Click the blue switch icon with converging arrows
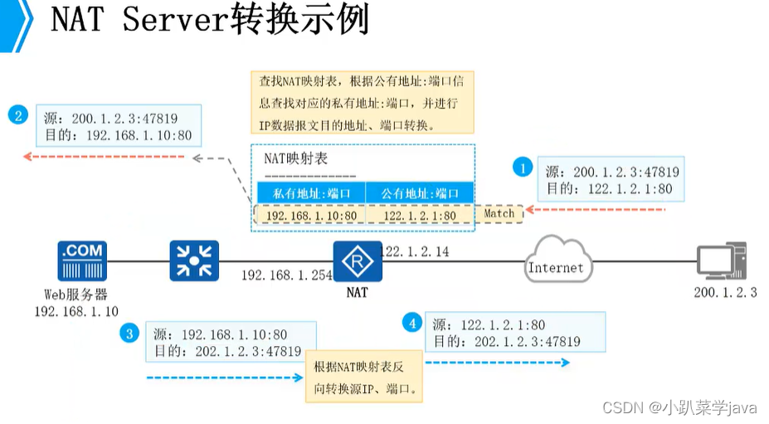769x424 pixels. point(193,261)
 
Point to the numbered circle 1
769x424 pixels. point(522,168)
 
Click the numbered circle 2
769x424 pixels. point(17,115)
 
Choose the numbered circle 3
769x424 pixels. point(128,334)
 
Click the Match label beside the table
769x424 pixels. point(499,214)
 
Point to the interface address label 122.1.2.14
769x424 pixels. point(415,251)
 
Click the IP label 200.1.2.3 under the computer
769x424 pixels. point(725,292)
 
